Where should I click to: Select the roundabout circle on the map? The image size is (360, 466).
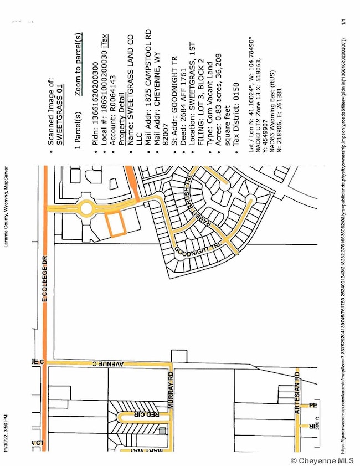click(86, 209)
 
